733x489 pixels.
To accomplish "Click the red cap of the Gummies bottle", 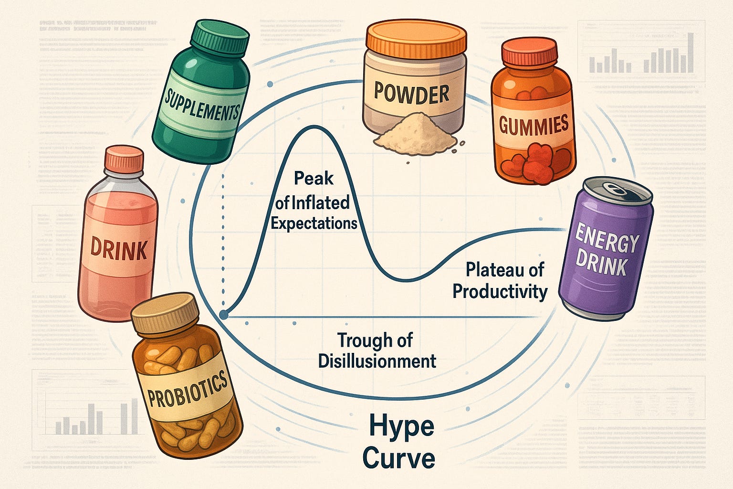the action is coord(529,53).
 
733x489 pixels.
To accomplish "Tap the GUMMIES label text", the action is coord(534,125).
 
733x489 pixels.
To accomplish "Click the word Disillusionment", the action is coord(377,361).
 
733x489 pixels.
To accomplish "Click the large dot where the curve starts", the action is coord(223,314).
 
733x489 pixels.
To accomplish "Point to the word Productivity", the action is coord(500,291).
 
